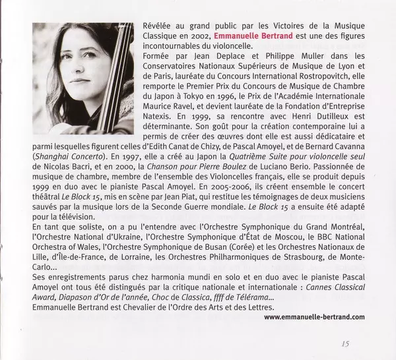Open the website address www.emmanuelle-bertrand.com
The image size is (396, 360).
click(313, 317)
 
